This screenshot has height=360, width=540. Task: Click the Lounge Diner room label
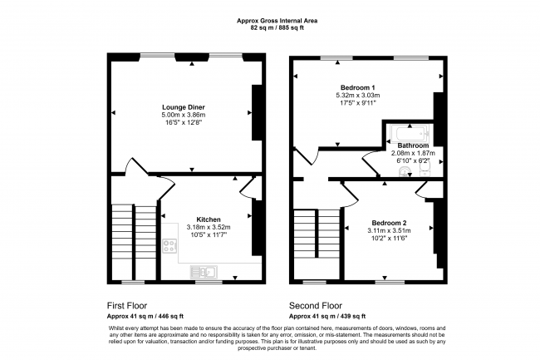tap(184, 107)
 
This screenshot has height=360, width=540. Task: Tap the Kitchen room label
tap(209, 219)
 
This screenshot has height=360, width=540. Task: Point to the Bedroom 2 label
tap(389, 223)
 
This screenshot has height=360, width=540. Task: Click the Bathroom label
tap(413, 145)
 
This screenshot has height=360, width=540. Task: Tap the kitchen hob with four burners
tap(169, 245)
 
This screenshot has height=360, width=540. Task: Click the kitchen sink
tap(204, 272)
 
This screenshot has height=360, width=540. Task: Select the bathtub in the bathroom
tap(410, 134)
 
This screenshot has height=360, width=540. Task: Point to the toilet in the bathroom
tap(425, 169)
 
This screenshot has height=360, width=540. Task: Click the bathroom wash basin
tap(405, 171)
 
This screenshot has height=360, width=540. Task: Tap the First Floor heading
tap(127, 306)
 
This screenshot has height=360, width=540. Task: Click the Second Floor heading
tap(316, 306)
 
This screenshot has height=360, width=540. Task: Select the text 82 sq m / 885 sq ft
tap(277, 28)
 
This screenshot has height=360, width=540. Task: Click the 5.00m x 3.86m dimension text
tap(184, 115)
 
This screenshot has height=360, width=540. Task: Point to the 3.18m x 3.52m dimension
tap(209, 227)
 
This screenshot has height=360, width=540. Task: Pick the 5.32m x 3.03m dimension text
tap(358, 95)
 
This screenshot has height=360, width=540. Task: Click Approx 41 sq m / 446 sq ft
tap(145, 316)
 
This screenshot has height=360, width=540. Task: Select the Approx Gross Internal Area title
tap(277, 21)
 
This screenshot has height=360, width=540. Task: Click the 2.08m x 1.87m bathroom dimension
tap(413, 153)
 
